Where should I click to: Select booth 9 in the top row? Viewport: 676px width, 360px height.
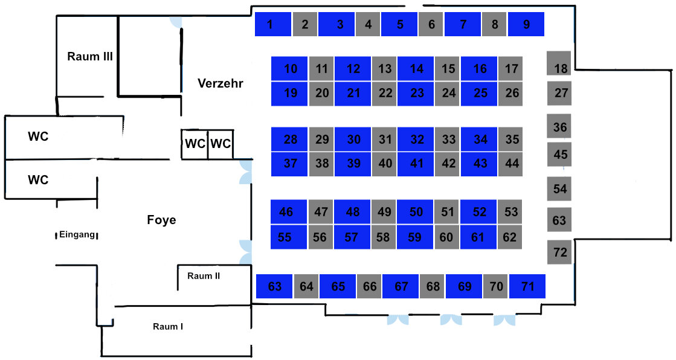(526, 24)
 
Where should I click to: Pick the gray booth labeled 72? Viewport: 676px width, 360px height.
(560, 251)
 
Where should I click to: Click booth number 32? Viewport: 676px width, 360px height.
(416, 140)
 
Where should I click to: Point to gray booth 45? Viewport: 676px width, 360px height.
(560, 154)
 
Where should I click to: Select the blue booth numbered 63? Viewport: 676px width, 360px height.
(274, 286)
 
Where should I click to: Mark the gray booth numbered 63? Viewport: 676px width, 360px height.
(559, 220)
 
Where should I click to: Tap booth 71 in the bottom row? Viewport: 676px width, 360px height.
(527, 286)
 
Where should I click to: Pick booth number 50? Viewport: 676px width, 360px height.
(416, 211)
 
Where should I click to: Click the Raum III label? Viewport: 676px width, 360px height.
(91, 57)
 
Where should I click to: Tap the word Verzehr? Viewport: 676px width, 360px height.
(221, 83)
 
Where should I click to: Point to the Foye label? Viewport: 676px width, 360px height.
(161, 220)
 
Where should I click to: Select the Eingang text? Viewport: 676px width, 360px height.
(77, 235)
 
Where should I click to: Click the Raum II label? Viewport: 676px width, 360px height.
(204, 276)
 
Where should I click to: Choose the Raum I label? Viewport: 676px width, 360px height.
(168, 327)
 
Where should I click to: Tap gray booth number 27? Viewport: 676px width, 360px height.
(560, 93)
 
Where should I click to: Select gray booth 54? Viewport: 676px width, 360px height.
(559, 188)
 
